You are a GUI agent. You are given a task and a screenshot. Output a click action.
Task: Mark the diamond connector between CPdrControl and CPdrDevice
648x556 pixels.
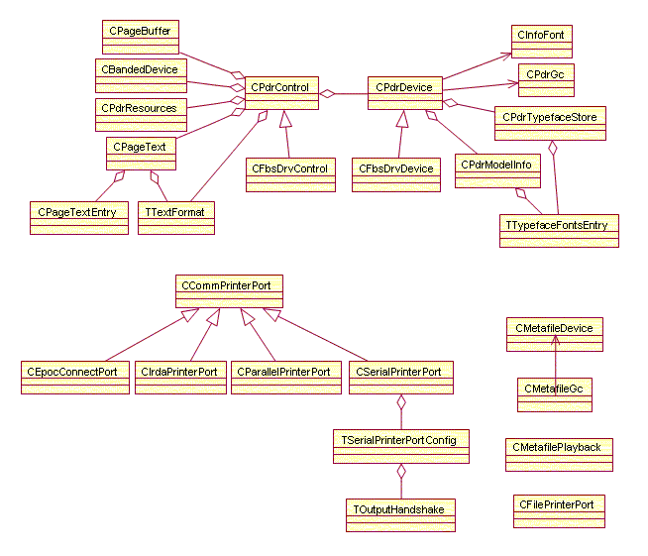(328, 94)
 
